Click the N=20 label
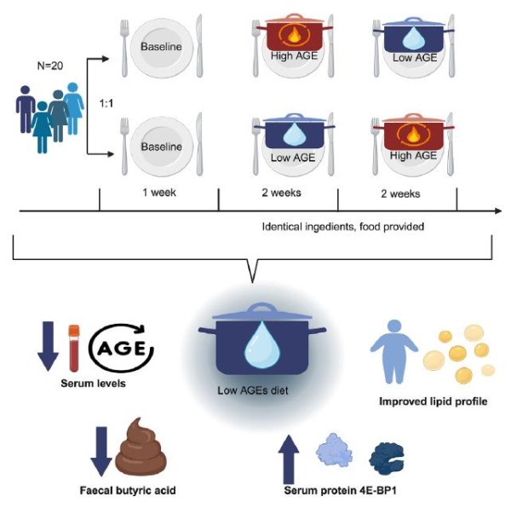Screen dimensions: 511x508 50,66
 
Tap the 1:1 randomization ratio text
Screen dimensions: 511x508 106,103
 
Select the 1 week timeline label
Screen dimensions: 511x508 159,193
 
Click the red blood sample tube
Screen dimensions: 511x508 74,349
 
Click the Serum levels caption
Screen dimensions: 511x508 93,383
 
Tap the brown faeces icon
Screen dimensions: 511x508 141,447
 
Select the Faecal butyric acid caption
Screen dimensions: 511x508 128,490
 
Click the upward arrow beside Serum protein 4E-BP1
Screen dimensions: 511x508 289,459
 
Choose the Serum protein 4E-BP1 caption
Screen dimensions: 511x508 340,490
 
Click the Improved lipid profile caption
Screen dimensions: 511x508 433,401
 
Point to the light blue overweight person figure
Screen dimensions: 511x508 393,351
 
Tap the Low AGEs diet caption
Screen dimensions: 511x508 253,390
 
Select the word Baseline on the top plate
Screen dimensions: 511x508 161,47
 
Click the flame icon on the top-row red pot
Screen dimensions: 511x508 295,36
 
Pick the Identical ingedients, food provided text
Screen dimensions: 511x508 343,226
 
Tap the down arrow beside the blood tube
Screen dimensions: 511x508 49,346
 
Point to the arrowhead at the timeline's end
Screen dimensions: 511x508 498,211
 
